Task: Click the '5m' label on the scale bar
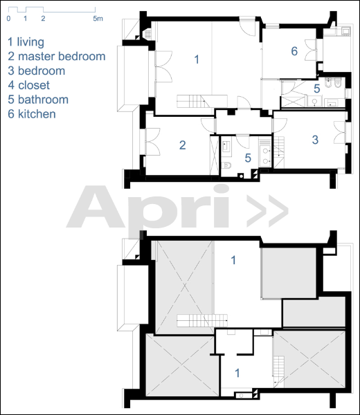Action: (98, 19)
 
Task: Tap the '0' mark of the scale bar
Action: (9, 19)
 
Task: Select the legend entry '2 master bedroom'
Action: (57, 57)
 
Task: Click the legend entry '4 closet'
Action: (29, 85)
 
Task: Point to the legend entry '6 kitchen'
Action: (32, 114)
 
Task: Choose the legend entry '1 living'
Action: (26, 42)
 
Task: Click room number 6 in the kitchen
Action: (294, 51)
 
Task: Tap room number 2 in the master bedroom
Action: (182, 145)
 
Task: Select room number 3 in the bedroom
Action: (315, 140)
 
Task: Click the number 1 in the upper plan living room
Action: (197, 59)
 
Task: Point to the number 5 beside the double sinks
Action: (248, 158)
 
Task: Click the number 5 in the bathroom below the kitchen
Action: (317, 89)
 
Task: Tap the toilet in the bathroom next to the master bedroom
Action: (226, 165)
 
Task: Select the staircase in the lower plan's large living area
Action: (202, 320)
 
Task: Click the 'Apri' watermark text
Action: (148, 206)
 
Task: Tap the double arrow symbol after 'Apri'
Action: (267, 211)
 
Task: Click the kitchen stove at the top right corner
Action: (345, 31)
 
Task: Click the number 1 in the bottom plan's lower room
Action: (237, 373)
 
